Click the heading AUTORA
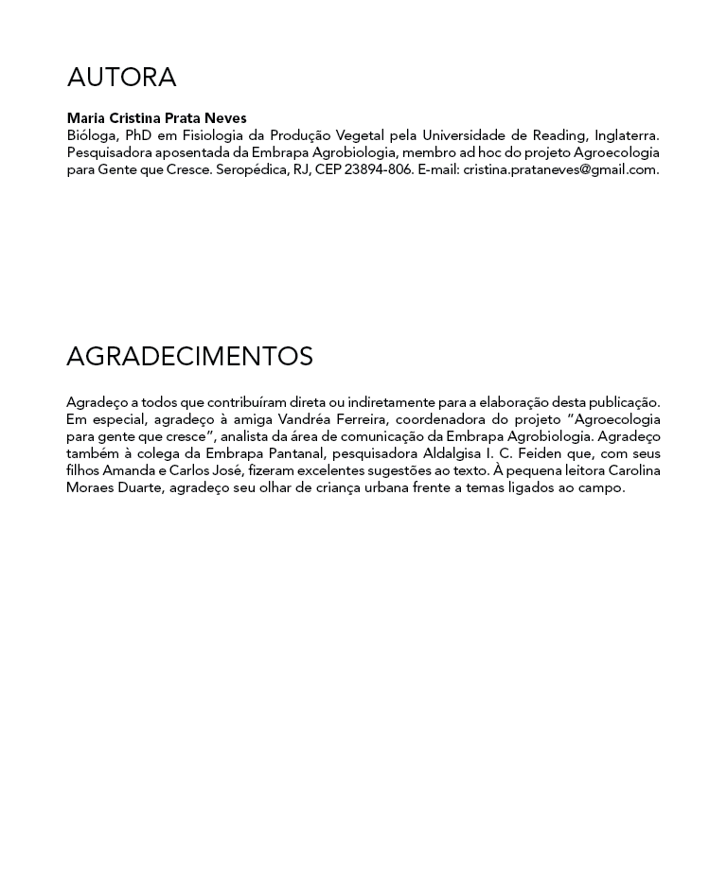[x=121, y=78]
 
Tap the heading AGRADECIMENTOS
[x=189, y=357]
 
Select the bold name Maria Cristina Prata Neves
[x=156, y=118]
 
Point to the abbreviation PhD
[x=139, y=135]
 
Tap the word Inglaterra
[x=627, y=135]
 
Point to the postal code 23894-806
[x=379, y=169]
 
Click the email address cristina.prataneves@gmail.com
[x=560, y=169]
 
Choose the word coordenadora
[x=439, y=419]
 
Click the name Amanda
[x=127, y=470]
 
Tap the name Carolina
[x=634, y=470]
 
